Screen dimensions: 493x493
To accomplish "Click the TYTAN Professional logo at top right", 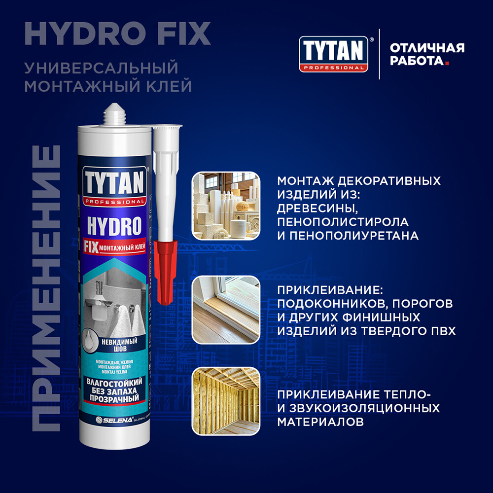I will (334, 54).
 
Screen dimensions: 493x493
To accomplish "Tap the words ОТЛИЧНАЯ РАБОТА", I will (427, 54).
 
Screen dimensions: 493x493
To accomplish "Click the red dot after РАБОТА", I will (447, 63).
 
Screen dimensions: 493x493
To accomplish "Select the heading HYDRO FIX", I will (117, 33).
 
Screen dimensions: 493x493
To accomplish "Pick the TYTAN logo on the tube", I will (113, 184).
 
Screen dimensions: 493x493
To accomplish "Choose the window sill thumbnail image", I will (225, 309).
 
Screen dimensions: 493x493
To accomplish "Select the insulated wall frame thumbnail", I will (225, 401).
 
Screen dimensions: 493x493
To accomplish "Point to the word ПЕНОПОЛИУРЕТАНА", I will (354, 236).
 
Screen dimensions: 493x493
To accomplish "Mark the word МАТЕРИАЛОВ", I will (321, 422).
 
